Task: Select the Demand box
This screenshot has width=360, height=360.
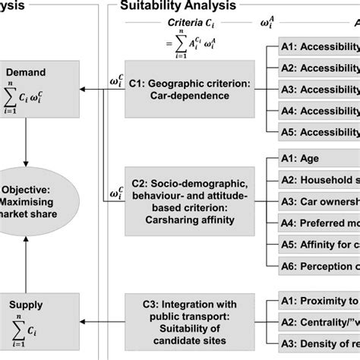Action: point(27,92)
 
